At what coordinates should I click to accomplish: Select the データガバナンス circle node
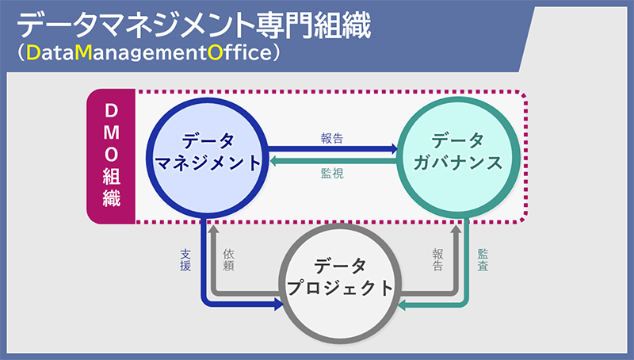click(459, 155)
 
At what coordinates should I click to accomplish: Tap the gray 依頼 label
click(229, 261)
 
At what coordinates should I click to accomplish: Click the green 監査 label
click(483, 261)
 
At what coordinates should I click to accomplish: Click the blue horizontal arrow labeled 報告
click(333, 147)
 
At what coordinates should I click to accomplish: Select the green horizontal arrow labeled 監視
click(333, 162)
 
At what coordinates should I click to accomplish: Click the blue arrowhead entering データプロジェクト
click(278, 303)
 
